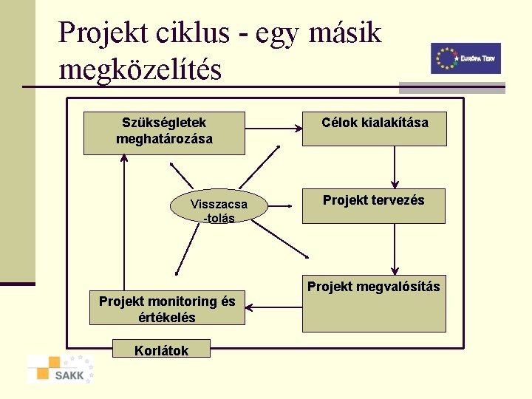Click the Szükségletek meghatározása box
point(163,133)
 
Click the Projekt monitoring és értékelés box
point(167,309)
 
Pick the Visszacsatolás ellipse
point(218,210)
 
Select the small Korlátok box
point(161,350)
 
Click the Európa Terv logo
point(465,58)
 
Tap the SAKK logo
point(61,369)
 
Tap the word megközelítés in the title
point(140,70)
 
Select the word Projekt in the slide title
point(103,33)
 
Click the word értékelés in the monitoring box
point(167,317)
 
